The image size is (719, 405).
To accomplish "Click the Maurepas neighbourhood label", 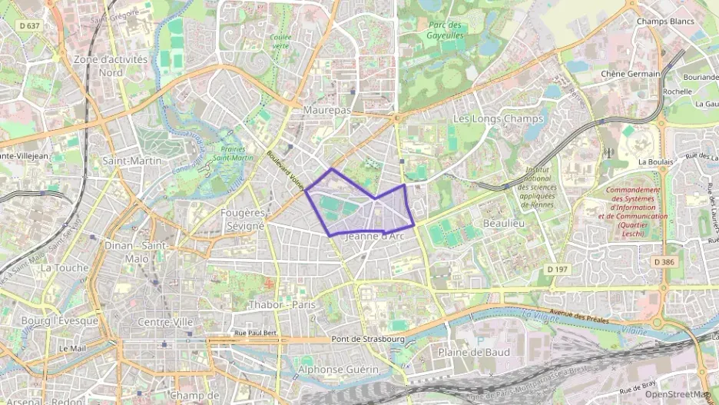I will coord(328,111).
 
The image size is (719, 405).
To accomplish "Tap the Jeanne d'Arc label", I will coord(375,237).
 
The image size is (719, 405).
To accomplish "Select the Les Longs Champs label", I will coord(498,119).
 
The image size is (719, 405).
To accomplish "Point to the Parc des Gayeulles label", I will coord(446,30).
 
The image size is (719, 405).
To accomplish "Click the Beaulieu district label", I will coord(503,222).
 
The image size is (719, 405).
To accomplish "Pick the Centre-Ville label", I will coord(164,322).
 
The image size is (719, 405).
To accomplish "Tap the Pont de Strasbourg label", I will coord(367,339).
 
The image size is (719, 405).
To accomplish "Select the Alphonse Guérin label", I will coord(339,370).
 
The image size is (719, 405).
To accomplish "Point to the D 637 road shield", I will coord(28,26).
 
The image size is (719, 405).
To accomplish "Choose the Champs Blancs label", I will coord(664,22).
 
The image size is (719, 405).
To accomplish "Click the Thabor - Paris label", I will coord(282,305).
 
